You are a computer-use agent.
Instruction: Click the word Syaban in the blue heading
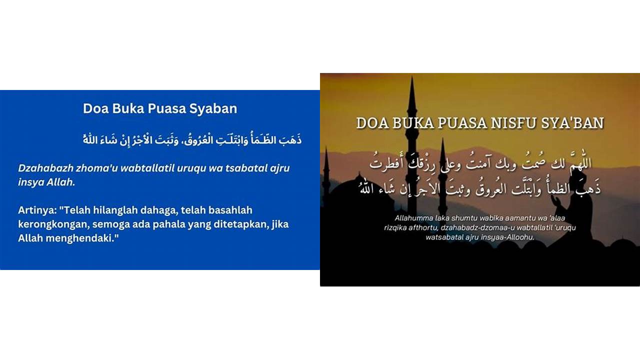coord(213,109)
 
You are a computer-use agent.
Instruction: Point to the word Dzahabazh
coord(46,168)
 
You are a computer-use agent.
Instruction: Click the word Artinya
coord(37,210)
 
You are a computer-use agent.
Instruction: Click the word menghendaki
coord(82,238)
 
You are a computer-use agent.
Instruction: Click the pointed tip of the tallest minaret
coord(412,76)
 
